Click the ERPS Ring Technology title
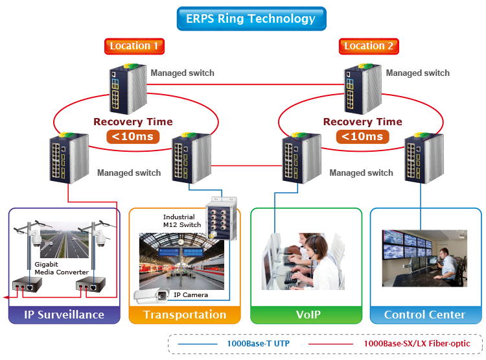[251, 19]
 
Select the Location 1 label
[134, 45]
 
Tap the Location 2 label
[369, 45]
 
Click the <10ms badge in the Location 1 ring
[133, 136]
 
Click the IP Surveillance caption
[64, 315]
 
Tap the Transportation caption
[185, 315]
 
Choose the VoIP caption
[307, 315]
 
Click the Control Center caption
[424, 315]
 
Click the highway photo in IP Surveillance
[64, 241]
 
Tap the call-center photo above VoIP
[303, 261]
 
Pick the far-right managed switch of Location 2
[421, 159]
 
